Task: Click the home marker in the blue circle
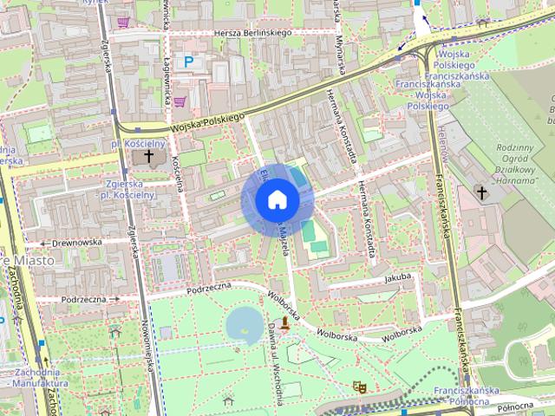pos(277,200)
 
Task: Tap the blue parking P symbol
pos(188,62)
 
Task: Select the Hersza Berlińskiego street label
pos(252,33)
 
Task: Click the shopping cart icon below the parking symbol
pos(180,101)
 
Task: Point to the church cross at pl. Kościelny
pos(149,157)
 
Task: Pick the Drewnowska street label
pos(76,243)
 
